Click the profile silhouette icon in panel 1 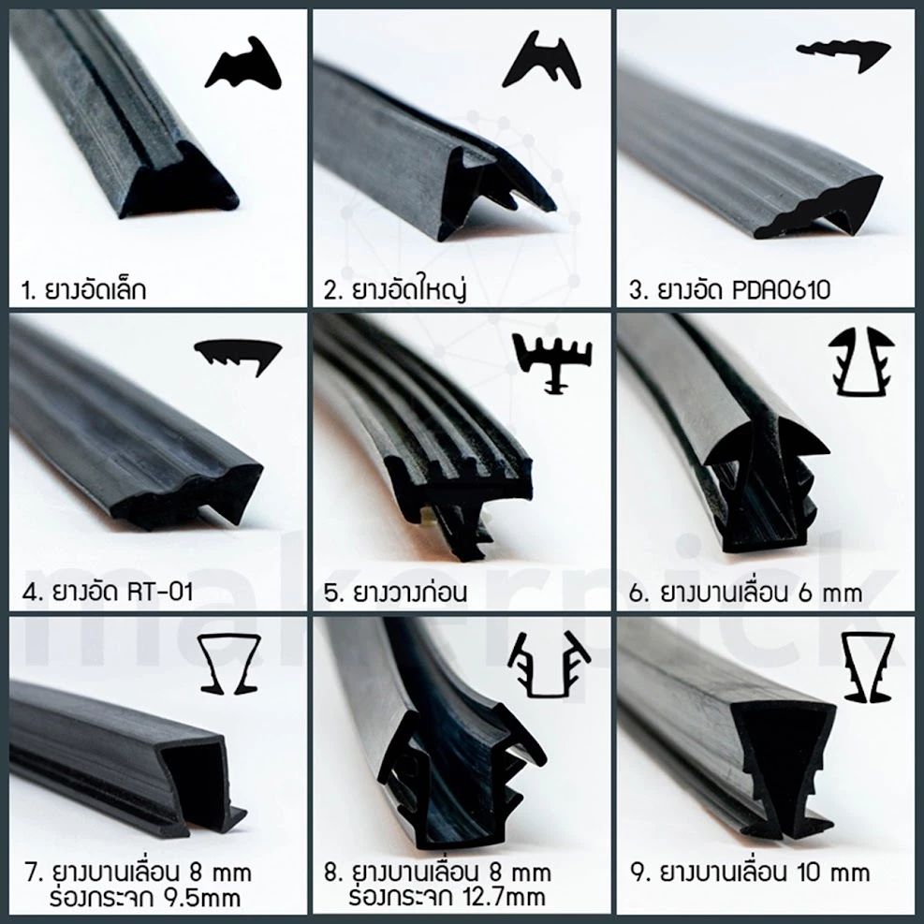(x=243, y=66)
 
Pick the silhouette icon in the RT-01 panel (x=238, y=356)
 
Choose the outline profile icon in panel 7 (x=229, y=664)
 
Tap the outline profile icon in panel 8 (x=549, y=665)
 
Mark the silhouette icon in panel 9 (x=869, y=667)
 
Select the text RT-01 (x=160, y=592)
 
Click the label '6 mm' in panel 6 (x=830, y=593)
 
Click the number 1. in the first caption (x=28, y=290)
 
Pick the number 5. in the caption (x=333, y=593)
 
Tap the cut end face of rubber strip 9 (x=784, y=766)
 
